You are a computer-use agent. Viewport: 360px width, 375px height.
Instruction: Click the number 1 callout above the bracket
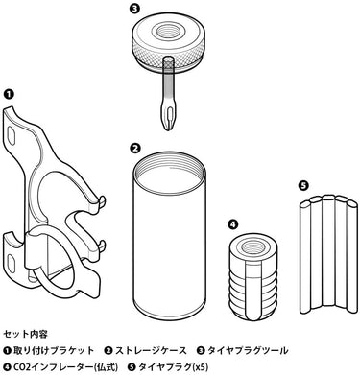tap(9, 94)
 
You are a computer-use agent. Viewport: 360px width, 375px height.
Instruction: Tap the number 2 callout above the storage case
tap(134, 148)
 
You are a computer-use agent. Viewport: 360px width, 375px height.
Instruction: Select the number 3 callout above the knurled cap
tap(134, 9)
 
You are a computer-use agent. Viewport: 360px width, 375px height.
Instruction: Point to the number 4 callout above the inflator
tap(233, 224)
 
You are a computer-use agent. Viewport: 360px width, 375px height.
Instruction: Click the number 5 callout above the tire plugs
tap(302, 185)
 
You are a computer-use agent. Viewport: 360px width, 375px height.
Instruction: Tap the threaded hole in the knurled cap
tap(167, 32)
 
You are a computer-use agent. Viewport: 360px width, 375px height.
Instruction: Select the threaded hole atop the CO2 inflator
tap(251, 246)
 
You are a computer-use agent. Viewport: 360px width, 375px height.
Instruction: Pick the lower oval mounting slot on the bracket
tap(12, 262)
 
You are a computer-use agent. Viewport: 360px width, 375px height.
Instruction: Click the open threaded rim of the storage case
tap(170, 172)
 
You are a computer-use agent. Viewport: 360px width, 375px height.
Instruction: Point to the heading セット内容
tap(26, 334)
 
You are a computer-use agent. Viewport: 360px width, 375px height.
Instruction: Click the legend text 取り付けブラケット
tap(54, 351)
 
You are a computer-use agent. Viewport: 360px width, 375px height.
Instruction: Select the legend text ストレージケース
tap(151, 351)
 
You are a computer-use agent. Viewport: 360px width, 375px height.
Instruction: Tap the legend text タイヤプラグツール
tap(248, 351)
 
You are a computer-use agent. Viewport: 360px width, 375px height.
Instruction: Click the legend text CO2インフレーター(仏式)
tap(65, 367)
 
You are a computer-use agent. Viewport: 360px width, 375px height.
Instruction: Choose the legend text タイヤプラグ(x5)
tap(174, 367)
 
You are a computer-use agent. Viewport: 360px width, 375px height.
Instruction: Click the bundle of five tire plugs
tap(328, 254)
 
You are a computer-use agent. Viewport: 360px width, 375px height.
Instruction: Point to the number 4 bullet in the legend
tap(8, 367)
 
